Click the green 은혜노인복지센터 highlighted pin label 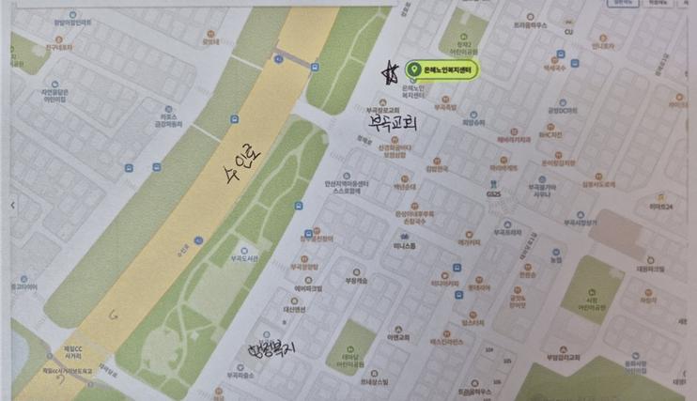coord(441,69)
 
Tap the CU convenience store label coord(568,31)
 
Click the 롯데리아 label coord(210,41)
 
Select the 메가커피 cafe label coord(469,241)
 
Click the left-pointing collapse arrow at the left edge coord(11,204)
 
